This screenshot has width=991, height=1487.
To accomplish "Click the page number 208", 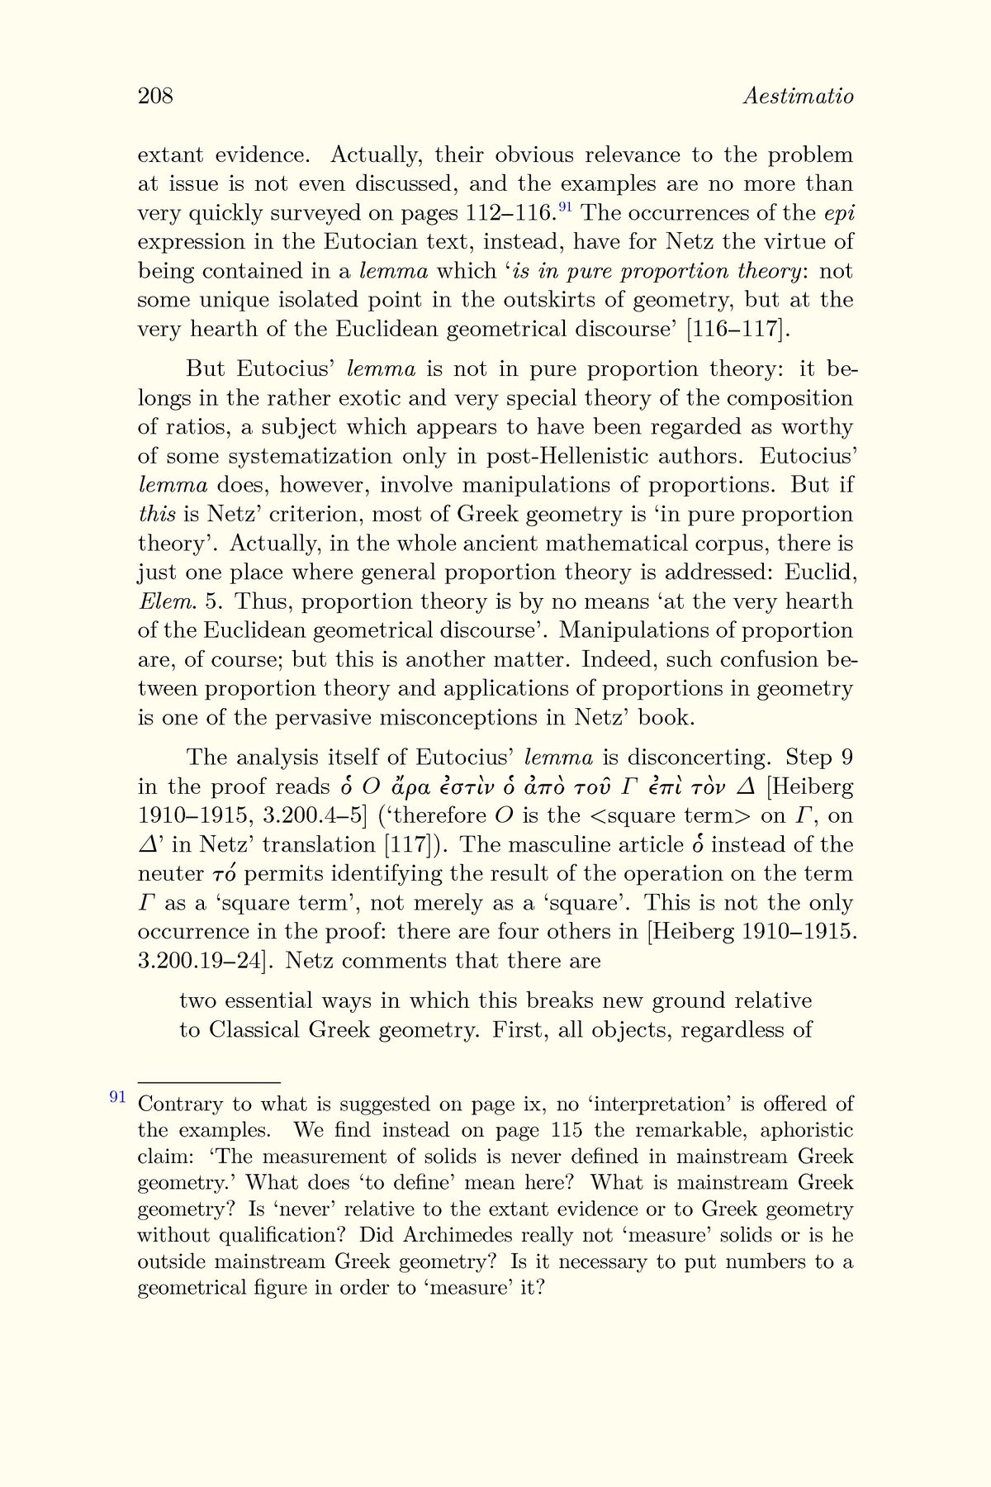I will click(155, 97).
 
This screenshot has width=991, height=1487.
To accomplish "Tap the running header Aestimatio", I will click(798, 97).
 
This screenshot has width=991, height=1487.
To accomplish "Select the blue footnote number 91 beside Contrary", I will click(117, 1097).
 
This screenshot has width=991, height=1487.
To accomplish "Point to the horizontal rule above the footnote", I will click(209, 1081).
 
